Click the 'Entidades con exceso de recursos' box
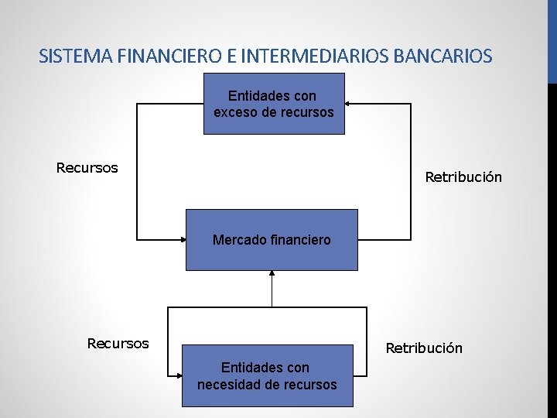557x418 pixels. [x=274, y=104]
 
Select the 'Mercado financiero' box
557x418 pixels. [x=272, y=240]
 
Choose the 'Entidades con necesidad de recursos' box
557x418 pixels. [x=267, y=375]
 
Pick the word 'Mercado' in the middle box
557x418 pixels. [x=236, y=240]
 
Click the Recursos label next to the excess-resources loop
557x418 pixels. [x=87, y=168]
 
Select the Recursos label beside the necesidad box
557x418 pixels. [x=118, y=343]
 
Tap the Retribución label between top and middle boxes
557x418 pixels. [x=463, y=177]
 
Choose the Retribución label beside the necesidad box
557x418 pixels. [x=424, y=348]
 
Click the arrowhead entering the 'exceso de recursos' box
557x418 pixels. [x=348, y=103]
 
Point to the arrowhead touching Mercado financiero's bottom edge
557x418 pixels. [x=272, y=273]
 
